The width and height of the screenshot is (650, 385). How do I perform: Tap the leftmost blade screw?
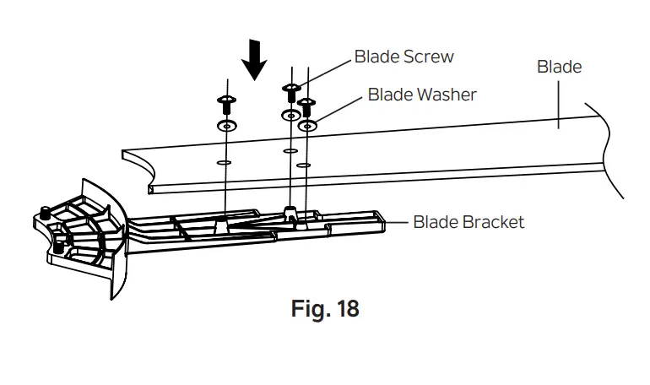[226, 104]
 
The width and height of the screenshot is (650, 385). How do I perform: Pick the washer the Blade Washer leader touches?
[309, 127]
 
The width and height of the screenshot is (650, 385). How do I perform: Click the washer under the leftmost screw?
[225, 126]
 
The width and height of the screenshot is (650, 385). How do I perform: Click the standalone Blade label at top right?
[559, 66]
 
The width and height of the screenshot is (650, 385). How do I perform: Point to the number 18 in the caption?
[347, 309]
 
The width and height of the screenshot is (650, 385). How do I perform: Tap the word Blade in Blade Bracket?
[433, 222]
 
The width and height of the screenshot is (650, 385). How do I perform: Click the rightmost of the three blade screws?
[308, 106]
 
